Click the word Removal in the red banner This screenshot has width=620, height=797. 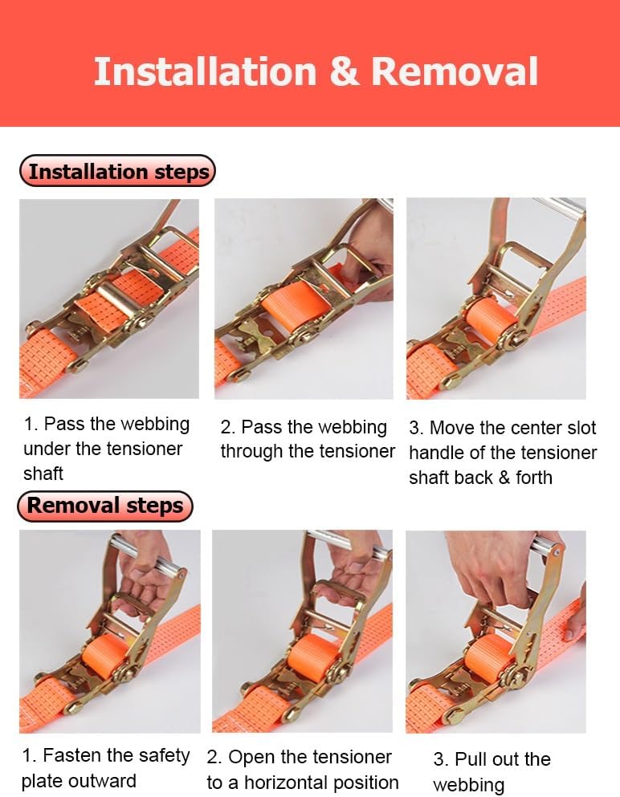[x=454, y=71]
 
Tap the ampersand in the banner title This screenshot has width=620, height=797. [x=344, y=71]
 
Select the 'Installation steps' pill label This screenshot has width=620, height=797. [x=118, y=171]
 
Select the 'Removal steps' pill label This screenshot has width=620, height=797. [x=105, y=506]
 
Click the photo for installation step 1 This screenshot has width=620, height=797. [x=108, y=299]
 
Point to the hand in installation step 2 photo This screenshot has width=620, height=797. [x=371, y=249]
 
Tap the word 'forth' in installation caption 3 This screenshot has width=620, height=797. [x=533, y=478]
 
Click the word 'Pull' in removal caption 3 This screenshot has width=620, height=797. [x=472, y=759]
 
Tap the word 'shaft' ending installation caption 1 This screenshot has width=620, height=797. [x=43, y=474]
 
